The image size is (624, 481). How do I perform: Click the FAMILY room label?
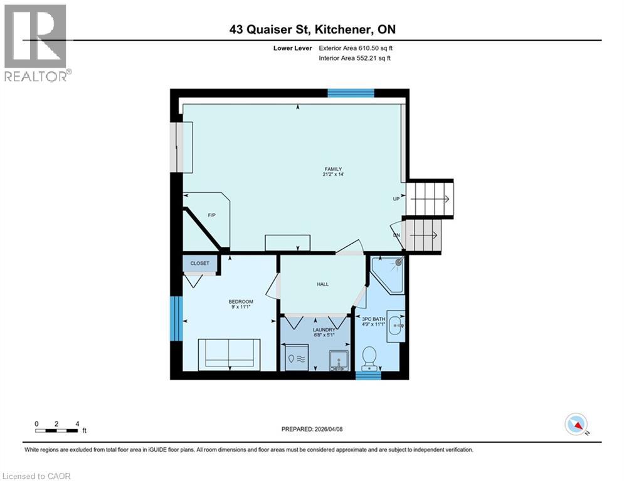tap(332, 169)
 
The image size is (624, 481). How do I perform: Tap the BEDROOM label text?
tap(240, 302)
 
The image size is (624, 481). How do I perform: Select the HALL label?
tap(322, 284)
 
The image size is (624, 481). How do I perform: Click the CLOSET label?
tap(199, 264)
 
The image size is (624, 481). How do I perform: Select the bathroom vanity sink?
tap(395, 325)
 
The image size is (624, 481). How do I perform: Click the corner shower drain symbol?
tap(398, 264)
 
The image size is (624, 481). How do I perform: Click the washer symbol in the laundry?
tap(293, 359)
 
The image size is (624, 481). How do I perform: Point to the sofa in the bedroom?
tap(229, 353)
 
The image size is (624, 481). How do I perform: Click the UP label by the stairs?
tap(396, 199)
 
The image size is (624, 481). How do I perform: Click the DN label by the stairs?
tap(396, 235)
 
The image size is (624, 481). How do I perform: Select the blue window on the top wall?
tap(351, 93)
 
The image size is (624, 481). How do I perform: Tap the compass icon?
tap(575, 424)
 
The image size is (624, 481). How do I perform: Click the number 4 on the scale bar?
tap(77, 423)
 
